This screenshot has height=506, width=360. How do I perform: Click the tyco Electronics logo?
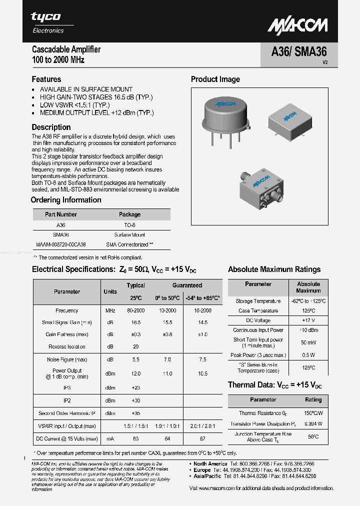point(47,22)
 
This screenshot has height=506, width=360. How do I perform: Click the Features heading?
point(46,79)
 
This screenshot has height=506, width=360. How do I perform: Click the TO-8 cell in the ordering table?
point(129,225)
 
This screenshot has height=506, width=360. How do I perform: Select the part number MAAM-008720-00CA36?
point(61,244)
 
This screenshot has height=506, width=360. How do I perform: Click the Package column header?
point(129,214)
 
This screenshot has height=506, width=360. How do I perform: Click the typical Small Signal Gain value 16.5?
point(135,322)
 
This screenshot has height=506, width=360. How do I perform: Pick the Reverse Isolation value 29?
point(135,346)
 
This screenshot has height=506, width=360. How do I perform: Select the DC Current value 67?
point(202,438)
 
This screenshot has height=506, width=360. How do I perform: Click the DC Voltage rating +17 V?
point(308,320)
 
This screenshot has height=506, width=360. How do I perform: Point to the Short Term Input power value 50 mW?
point(308,342)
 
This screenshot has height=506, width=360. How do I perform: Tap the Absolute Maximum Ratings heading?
point(274,269)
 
